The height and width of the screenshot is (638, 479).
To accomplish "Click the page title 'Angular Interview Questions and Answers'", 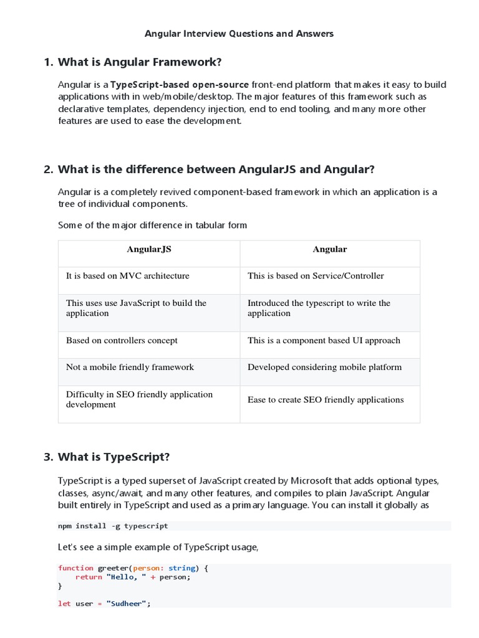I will click(239, 34).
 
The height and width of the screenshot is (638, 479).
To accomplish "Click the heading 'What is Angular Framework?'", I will click(140, 62).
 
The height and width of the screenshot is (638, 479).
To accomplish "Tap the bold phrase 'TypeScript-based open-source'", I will click(180, 85).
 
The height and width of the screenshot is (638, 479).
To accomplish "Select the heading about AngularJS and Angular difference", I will click(216, 169).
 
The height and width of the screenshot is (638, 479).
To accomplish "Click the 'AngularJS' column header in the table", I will click(149, 249).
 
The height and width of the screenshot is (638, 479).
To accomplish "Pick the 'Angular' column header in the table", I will click(329, 249).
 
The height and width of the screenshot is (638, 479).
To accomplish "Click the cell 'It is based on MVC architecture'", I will click(128, 275).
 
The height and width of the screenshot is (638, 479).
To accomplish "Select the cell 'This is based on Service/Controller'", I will click(316, 275).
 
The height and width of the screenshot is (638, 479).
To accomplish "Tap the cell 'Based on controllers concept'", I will click(122, 340).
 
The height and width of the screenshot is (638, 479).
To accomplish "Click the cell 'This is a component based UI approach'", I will click(324, 340).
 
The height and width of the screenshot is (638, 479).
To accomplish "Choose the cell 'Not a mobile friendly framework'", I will click(130, 367).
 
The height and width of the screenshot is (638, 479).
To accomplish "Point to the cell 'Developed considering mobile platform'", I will click(324, 367).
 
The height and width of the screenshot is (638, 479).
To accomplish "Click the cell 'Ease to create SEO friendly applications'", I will click(326, 400).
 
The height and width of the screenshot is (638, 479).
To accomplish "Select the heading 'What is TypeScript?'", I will click(114, 457).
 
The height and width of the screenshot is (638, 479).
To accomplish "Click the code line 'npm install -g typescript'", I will click(113, 526).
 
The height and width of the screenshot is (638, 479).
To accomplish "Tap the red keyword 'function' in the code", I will click(75, 568).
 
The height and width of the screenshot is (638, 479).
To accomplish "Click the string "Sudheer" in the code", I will click(128, 604).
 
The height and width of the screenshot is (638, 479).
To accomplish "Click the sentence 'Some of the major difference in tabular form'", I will click(153, 225).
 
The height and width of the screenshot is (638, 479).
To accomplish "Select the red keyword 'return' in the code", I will click(88, 577).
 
